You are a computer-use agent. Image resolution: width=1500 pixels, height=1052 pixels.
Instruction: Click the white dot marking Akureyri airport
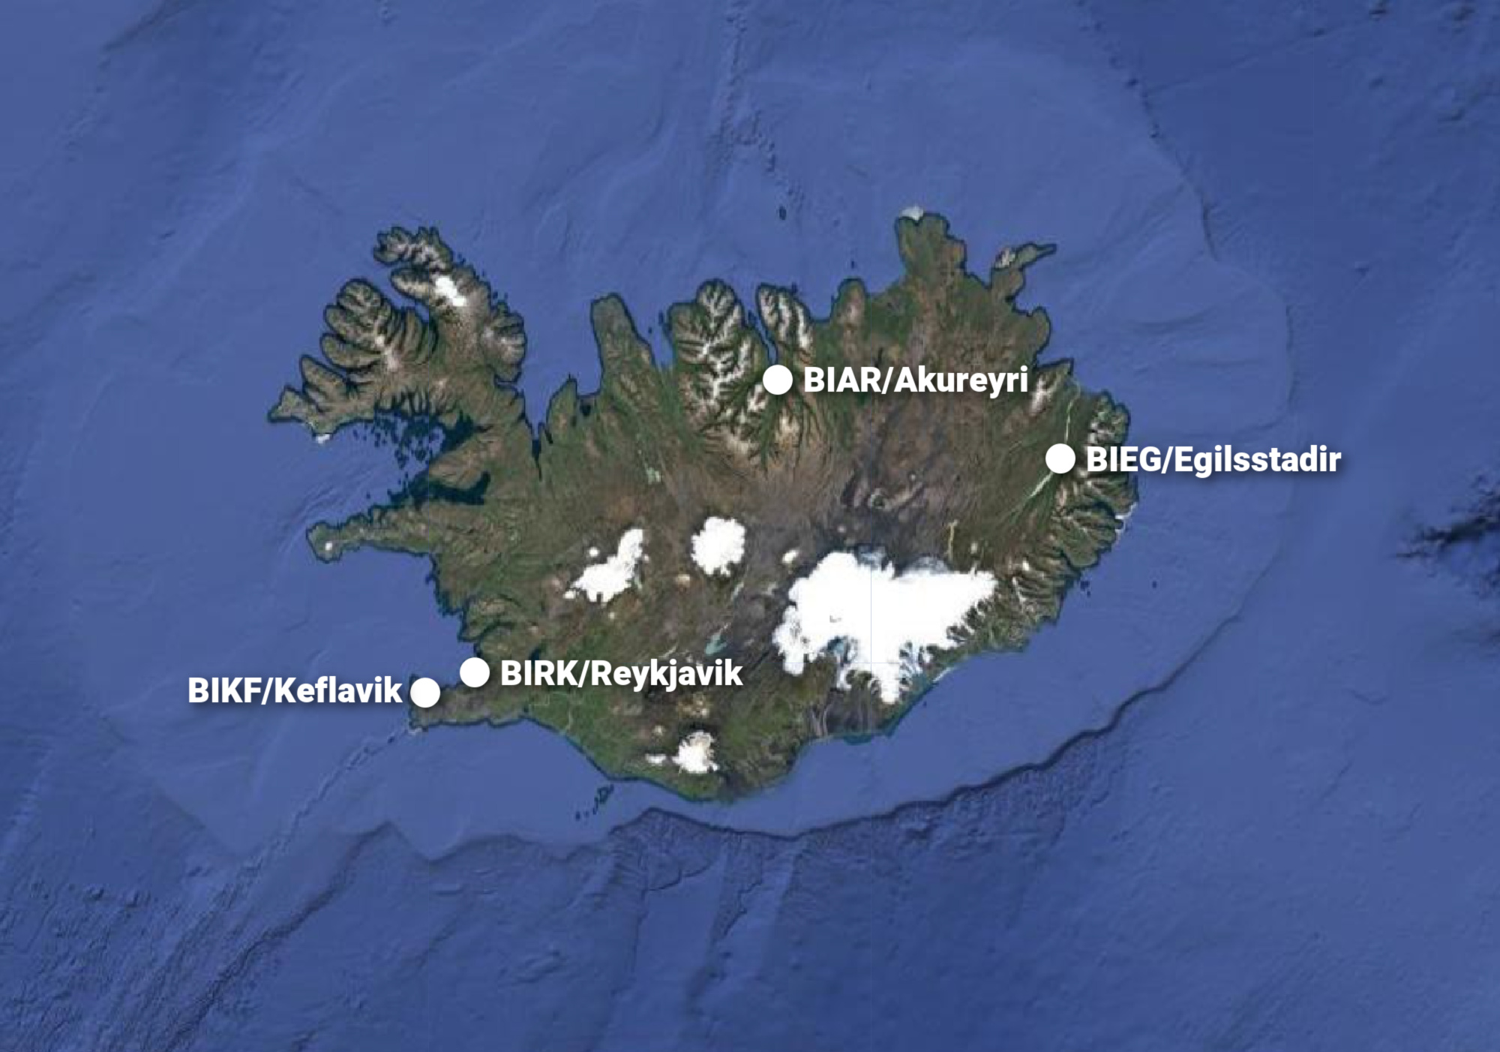pyautogui.click(x=778, y=380)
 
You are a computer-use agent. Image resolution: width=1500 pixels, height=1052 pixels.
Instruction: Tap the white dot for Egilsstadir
pyautogui.click(x=1060, y=458)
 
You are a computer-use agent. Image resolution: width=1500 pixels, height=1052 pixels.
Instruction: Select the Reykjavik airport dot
pyautogui.click(x=475, y=672)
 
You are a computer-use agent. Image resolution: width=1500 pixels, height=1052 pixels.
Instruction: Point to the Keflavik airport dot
pyautogui.click(x=425, y=692)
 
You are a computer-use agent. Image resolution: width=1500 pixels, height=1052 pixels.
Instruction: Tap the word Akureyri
pyautogui.click(x=961, y=380)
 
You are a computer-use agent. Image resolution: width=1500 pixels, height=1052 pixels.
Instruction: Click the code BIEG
pyautogui.click(x=1123, y=459)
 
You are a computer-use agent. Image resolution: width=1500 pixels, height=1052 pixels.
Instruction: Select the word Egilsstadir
pyautogui.click(x=1257, y=459)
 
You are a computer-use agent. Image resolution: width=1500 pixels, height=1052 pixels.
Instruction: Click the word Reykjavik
pyautogui.click(x=667, y=673)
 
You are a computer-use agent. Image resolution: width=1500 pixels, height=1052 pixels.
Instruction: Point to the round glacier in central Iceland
pyautogui.click(x=718, y=544)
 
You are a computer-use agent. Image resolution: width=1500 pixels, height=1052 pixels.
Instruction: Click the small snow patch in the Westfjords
pyautogui.click(x=450, y=289)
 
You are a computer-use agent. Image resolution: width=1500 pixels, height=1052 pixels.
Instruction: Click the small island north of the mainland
pyautogui.click(x=782, y=213)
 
